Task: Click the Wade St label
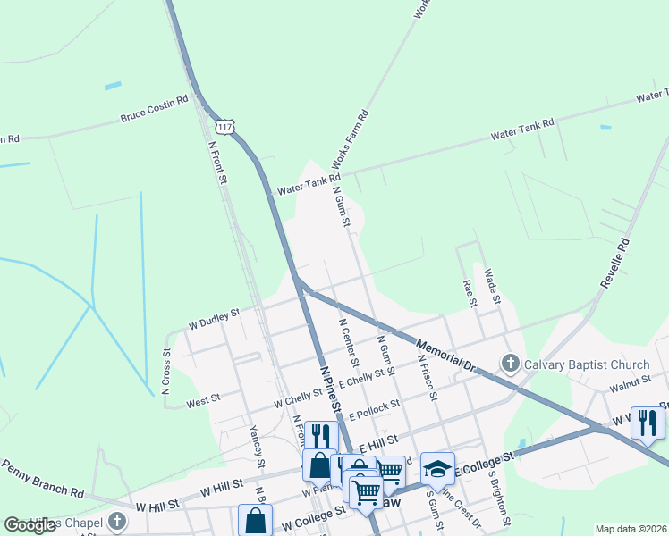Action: (491, 285)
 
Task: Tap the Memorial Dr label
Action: (445, 355)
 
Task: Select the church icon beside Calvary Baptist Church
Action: (510, 364)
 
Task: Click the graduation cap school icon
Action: (437, 468)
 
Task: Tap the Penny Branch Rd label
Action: (42, 479)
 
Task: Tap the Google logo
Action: (30, 524)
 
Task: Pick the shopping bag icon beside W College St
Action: (255, 520)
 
